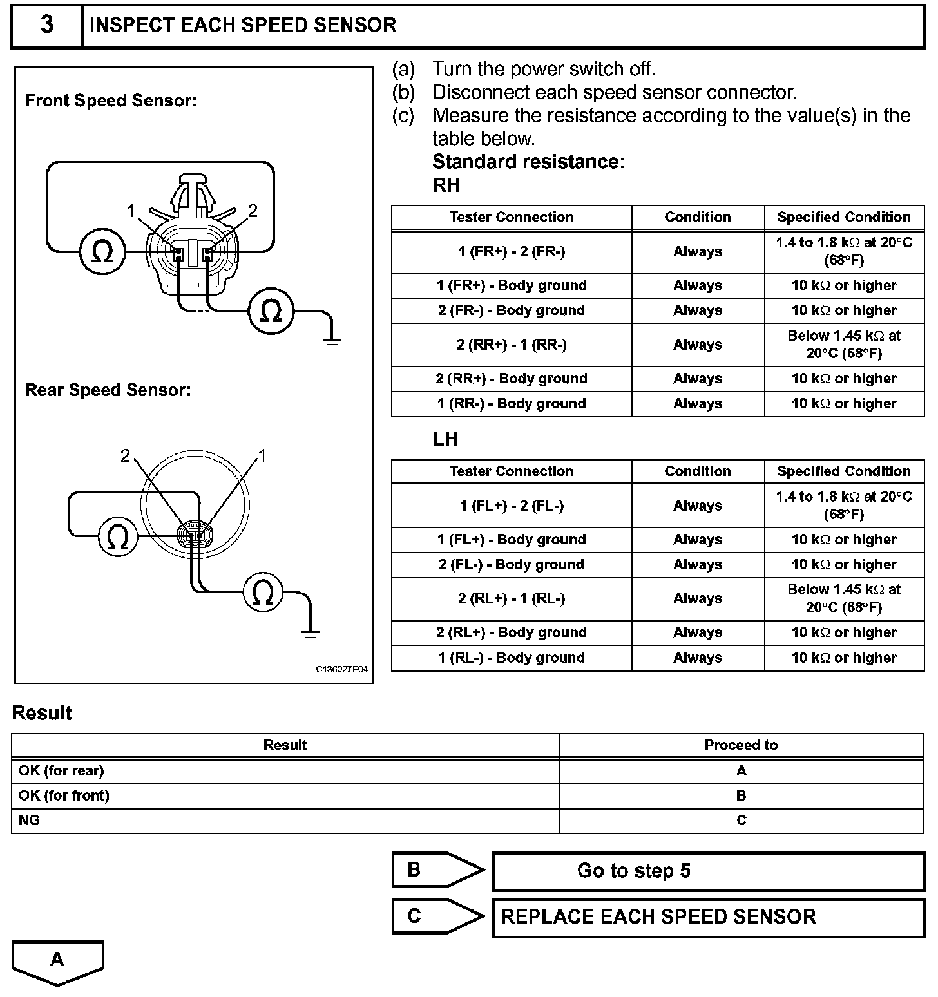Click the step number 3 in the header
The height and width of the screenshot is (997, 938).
[47, 25]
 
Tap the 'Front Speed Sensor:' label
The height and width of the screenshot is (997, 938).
[110, 100]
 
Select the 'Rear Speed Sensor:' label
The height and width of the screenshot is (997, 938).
[108, 390]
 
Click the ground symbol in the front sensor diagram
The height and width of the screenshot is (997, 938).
[332, 342]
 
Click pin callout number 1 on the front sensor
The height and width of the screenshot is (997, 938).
[131, 211]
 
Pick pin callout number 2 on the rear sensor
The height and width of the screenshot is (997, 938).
[126, 456]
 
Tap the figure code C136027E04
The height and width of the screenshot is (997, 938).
[341, 669]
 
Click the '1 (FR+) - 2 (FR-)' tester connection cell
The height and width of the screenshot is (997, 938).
[512, 252]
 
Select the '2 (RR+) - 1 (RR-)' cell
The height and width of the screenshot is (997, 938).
[512, 345]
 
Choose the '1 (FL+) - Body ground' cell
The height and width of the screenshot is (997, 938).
[512, 540]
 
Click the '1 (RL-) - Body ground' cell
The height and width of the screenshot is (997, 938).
[512, 658]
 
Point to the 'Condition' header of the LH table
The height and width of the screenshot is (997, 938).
[698, 471]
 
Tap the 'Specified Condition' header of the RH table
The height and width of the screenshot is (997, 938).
[844, 217]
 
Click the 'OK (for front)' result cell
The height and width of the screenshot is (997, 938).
[64, 795]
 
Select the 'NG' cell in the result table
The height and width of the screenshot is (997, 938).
[30, 821]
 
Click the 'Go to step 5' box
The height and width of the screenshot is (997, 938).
[708, 871]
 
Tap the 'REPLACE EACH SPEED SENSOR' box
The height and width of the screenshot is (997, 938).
[708, 917]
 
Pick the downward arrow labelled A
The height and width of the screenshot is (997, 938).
[57, 961]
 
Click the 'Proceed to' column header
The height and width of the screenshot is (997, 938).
[741, 745]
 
